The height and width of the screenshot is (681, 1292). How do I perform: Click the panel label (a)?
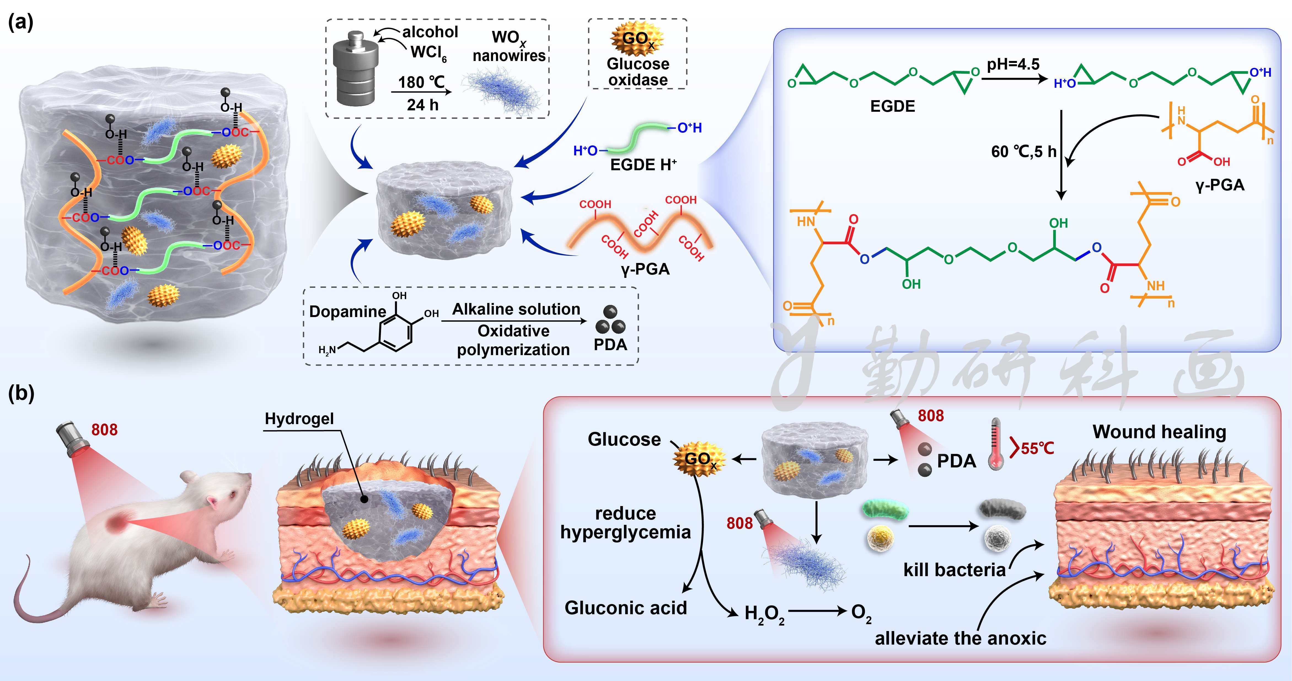pyautogui.click(x=21, y=23)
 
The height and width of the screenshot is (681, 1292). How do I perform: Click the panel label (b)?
pyautogui.click(x=21, y=393)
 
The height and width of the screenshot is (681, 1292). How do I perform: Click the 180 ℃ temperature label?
pyautogui.click(x=421, y=82)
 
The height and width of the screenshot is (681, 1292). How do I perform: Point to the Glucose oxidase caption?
pyautogui.click(x=637, y=72)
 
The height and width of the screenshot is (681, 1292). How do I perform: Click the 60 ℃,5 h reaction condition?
pyautogui.click(x=1023, y=151)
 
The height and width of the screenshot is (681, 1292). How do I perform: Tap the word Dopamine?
pyautogui.click(x=347, y=312)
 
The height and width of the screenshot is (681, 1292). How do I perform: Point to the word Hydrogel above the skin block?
pyautogui.click(x=299, y=419)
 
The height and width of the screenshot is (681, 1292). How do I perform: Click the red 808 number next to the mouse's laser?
pyautogui.click(x=104, y=430)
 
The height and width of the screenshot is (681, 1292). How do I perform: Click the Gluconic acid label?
pyautogui.click(x=625, y=608)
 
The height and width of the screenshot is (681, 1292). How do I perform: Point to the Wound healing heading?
pyautogui.click(x=1159, y=432)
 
